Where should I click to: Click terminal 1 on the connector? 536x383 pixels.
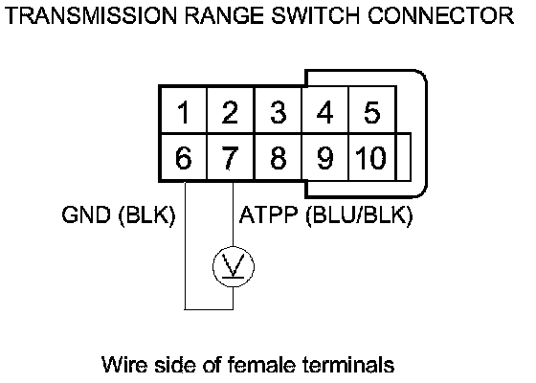[184, 110]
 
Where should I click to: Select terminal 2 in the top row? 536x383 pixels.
[230, 110]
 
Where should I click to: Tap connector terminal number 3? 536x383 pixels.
[278, 110]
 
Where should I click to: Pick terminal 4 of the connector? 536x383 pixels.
[324, 110]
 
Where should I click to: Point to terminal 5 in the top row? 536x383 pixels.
[372, 110]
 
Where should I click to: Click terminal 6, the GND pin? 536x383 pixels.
[184, 157]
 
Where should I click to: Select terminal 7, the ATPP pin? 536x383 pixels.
[230, 157]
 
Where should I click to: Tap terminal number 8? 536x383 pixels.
[278, 157]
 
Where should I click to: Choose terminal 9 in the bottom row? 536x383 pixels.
[324, 157]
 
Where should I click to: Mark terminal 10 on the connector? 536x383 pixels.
[372, 157]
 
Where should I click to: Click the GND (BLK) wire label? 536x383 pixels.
[119, 215]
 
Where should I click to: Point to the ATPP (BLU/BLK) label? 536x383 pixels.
[325, 215]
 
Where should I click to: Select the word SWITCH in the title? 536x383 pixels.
[315, 15]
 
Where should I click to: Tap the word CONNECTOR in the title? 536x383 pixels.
[441, 15]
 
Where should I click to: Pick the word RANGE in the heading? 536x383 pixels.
[224, 15]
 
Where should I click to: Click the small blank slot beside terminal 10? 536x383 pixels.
[404, 157]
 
